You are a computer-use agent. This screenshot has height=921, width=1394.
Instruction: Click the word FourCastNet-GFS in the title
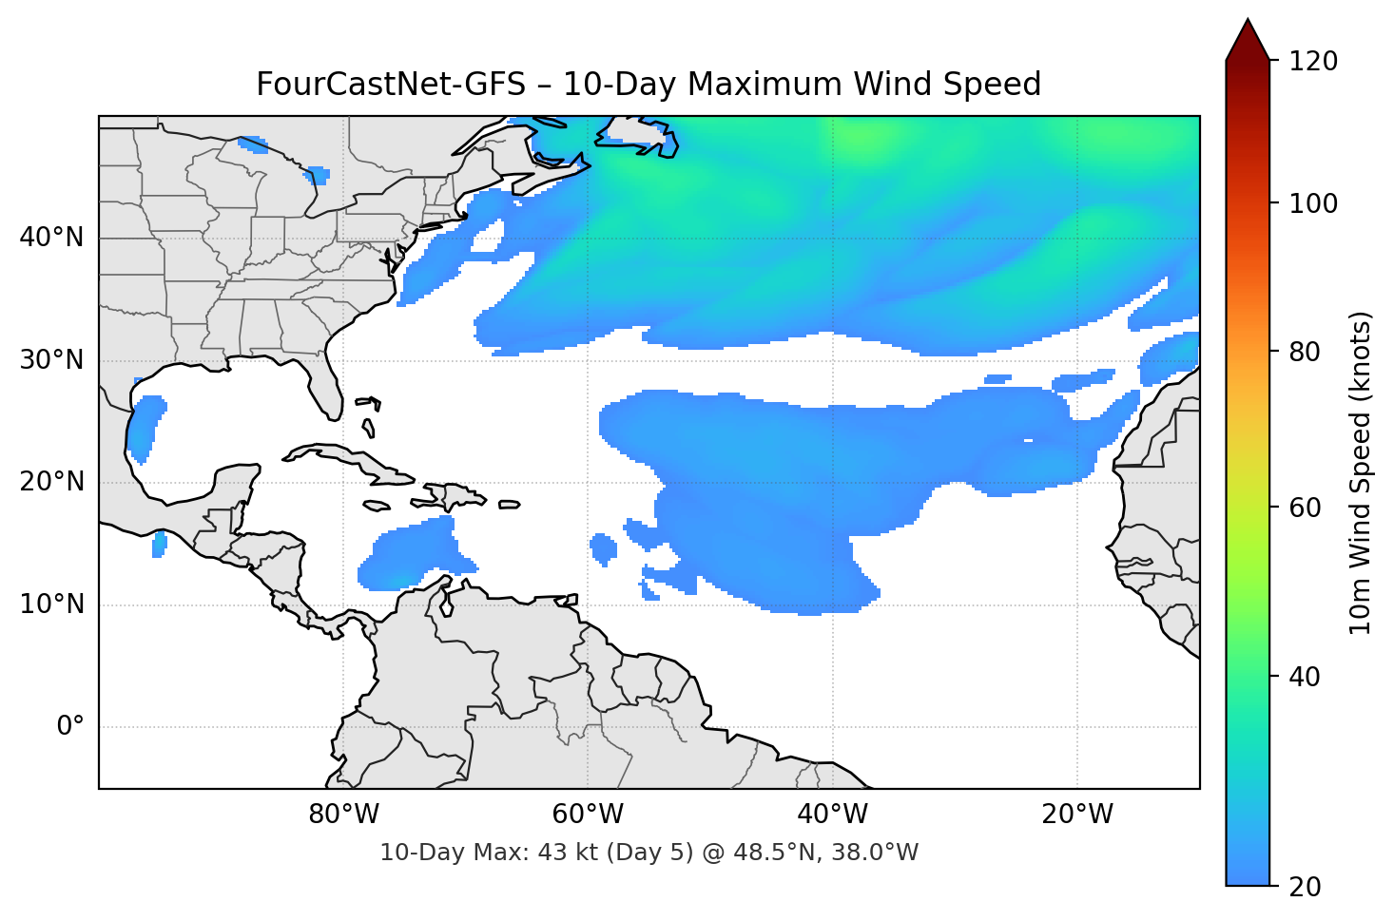tap(391, 85)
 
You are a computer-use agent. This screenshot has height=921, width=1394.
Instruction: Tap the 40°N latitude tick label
tap(51, 238)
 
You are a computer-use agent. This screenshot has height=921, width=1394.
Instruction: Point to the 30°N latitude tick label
tap(51, 360)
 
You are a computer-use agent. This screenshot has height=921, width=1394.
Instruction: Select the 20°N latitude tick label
tap(51, 482)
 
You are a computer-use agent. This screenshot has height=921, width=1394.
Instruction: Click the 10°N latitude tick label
tap(51, 604)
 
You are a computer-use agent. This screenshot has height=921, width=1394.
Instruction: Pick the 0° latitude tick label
tap(70, 727)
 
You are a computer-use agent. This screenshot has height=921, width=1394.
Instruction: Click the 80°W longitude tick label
tap(343, 815)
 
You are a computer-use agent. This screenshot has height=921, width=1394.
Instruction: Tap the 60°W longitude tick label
tap(588, 815)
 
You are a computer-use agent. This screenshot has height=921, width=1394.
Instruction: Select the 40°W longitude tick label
tap(833, 815)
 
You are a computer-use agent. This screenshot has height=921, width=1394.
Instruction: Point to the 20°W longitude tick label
tap(1077, 815)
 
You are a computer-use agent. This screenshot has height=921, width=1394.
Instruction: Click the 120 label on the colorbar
tap(1313, 62)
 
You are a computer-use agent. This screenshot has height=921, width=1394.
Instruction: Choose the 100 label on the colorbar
tap(1313, 203)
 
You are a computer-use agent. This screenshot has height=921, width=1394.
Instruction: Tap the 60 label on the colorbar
tap(1305, 508)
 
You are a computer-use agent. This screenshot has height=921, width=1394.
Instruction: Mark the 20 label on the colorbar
tap(1305, 887)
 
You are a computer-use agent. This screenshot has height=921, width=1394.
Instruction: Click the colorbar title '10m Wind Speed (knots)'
tap(1361, 473)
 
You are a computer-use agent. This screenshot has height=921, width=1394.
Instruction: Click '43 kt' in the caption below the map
tap(565, 853)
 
